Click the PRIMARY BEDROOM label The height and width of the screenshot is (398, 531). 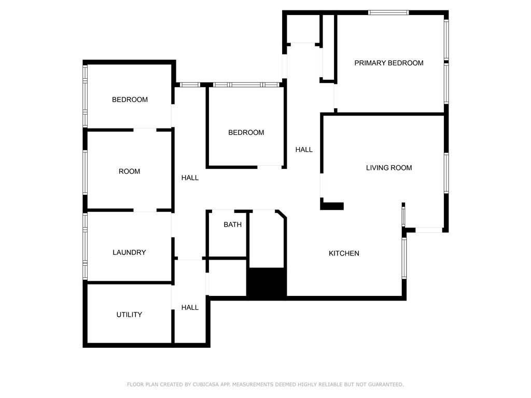tap(388, 63)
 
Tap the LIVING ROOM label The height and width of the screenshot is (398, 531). tap(389, 168)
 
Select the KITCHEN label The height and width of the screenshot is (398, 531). tap(344, 253)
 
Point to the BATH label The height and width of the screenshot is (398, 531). tap(232, 225)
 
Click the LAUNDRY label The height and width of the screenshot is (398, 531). tap(129, 253)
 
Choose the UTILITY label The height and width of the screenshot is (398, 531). tap(129, 315)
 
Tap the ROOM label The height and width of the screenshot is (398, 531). tap(129, 172)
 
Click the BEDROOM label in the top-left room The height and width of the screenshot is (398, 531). tap(130, 99)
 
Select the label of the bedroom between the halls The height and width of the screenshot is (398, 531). tap(246, 133)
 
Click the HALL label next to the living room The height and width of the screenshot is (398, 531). tap(304, 150)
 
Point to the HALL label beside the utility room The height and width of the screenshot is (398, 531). tap(190, 307)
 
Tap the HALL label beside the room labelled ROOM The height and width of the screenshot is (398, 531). tap(190, 178)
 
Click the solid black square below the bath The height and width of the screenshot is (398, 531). tap(267, 283)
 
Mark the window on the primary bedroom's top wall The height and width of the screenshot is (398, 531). tap(388, 12)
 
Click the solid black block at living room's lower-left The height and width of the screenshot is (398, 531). tap(332, 206)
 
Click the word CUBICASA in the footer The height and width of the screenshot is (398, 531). tap(209, 385)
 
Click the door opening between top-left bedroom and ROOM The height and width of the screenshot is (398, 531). tap(145, 129)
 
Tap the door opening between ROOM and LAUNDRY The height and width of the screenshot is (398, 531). tap(145, 210)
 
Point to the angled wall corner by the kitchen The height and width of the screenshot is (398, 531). tap(282, 214)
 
